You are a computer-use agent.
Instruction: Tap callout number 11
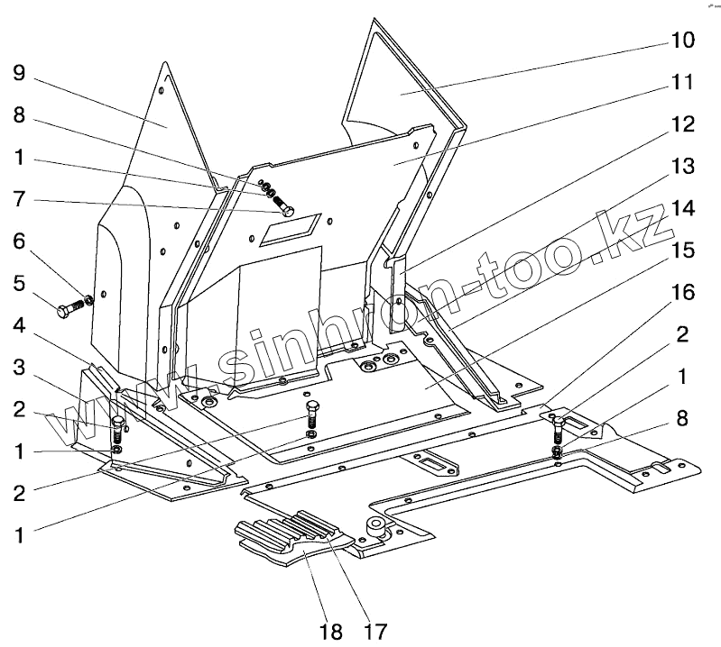point(681,82)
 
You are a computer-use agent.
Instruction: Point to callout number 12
point(681,123)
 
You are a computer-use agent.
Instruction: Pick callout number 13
point(681,166)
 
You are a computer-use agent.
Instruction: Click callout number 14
point(681,208)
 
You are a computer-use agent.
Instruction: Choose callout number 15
point(681,250)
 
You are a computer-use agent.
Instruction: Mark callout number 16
point(681,292)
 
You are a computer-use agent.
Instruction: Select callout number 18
point(330,630)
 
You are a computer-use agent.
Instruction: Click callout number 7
point(19,200)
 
